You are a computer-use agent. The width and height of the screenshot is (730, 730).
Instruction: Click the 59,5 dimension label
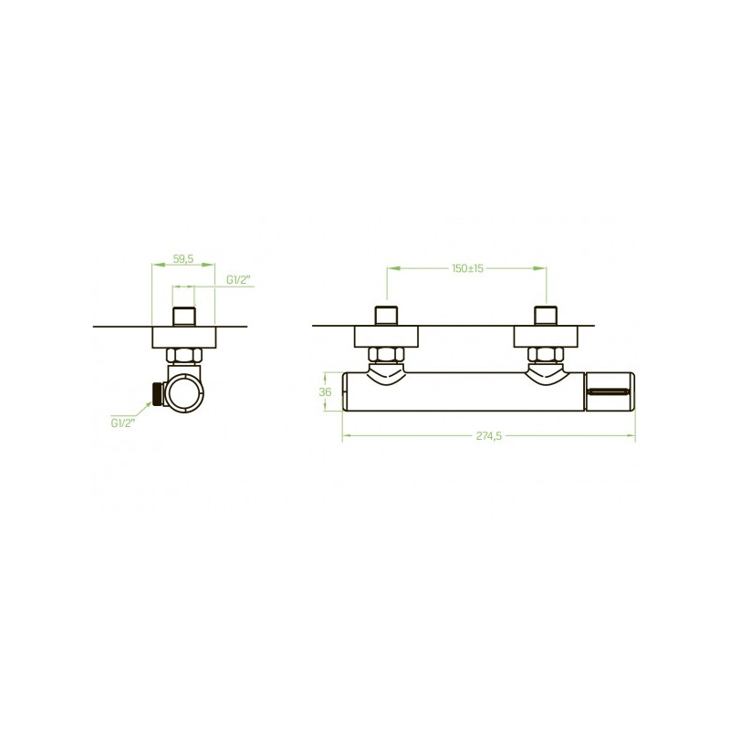pyautogui.click(x=183, y=259)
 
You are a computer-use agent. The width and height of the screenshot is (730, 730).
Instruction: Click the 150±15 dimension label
pyautogui.click(x=467, y=268)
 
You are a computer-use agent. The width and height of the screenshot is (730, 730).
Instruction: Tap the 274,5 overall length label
pyautogui.click(x=489, y=436)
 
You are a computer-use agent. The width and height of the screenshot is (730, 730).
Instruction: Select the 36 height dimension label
pyautogui.click(x=325, y=392)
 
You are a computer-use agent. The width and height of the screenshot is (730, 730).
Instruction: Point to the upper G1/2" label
pyautogui.click(x=238, y=280)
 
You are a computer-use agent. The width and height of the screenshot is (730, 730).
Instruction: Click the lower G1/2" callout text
pyautogui.click(x=123, y=422)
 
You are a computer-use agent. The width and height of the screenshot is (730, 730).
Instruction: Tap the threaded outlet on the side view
pyautogui.click(x=158, y=393)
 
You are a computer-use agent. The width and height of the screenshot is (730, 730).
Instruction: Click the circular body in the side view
pyautogui.click(x=185, y=393)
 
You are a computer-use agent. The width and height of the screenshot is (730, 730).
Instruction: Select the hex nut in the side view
pyautogui.click(x=184, y=356)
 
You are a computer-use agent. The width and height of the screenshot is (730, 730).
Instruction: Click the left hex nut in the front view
pyautogui.click(x=386, y=355)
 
